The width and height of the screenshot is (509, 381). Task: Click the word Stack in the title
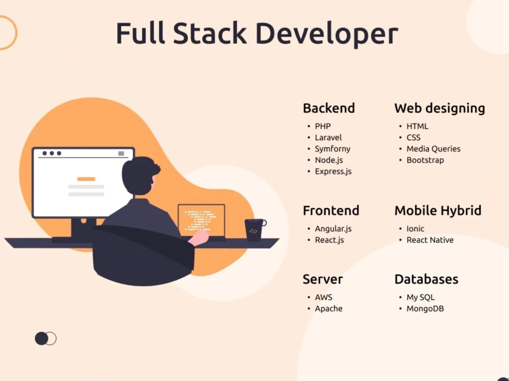[x=210, y=33]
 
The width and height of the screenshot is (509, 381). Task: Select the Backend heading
[x=329, y=108]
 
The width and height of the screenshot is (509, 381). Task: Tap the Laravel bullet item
[x=328, y=137]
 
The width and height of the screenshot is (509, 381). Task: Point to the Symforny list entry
[x=333, y=149]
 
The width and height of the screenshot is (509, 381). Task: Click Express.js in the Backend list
[x=333, y=171]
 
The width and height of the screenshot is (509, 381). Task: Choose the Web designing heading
[x=440, y=109]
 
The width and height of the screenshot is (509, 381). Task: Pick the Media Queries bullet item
[x=433, y=149]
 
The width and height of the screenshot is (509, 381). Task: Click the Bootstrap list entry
[x=425, y=160]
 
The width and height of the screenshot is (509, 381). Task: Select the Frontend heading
[x=331, y=211]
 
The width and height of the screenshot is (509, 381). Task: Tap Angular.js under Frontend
[x=333, y=229]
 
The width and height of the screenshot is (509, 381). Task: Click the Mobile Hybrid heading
[x=438, y=211]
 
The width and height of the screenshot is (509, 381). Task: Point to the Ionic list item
[x=415, y=229]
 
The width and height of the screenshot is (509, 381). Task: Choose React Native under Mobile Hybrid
[x=430, y=240]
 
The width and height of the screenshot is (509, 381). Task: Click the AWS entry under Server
[x=324, y=297]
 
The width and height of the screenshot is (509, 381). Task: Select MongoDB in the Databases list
[x=425, y=308]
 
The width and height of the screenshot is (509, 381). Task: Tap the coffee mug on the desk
[x=254, y=230]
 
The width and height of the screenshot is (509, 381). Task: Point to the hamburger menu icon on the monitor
[x=121, y=153]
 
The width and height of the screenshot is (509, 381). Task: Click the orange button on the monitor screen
[x=86, y=179]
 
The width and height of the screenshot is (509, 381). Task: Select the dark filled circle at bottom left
[x=41, y=338]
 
